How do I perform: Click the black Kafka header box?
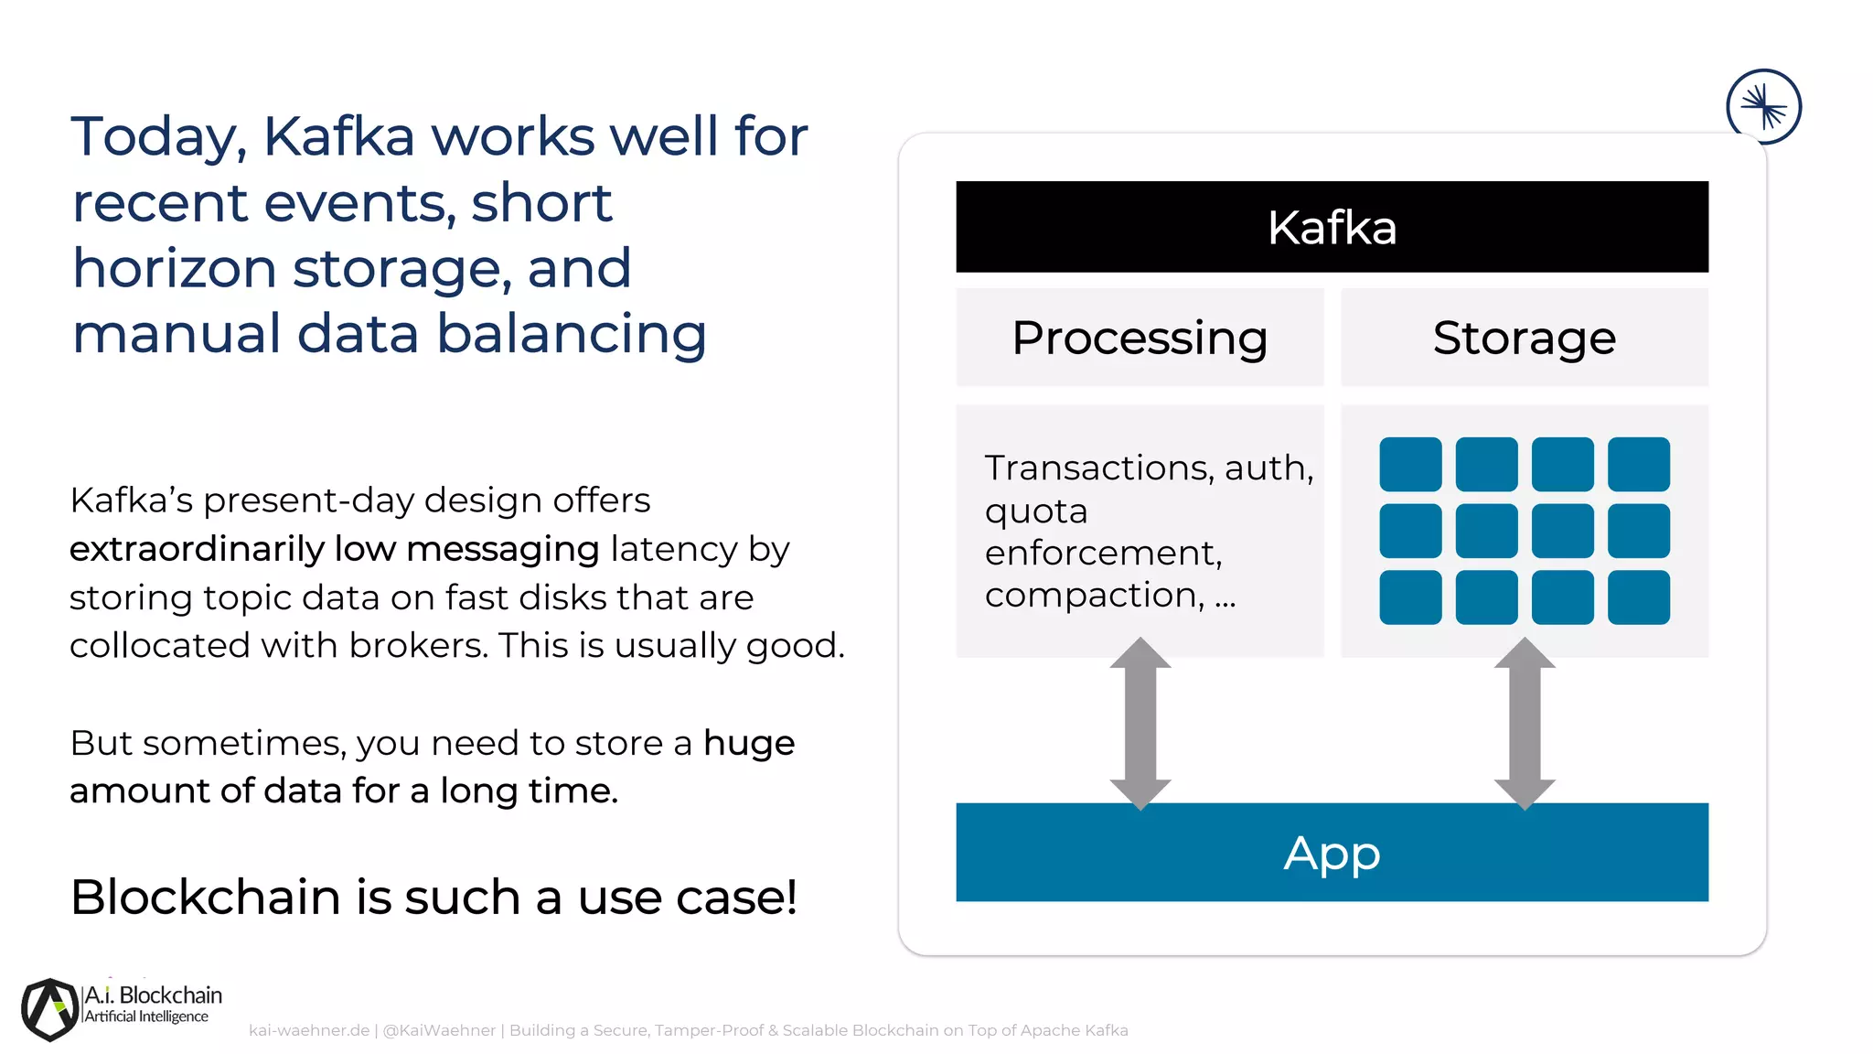click(x=1332, y=227)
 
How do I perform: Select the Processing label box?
click(x=1140, y=338)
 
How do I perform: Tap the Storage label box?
click(x=1524, y=338)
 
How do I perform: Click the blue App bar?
click(x=1332, y=852)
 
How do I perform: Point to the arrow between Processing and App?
click(x=1140, y=723)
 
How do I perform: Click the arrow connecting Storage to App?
click(x=1525, y=723)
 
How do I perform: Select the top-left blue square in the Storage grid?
click(x=1410, y=464)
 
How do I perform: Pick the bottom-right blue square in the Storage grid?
click(x=1638, y=597)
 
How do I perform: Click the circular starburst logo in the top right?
click(x=1763, y=107)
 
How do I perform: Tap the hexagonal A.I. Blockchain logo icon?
click(x=50, y=1009)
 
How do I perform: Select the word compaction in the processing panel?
click(x=1094, y=595)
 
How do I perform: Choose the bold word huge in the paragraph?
click(x=749, y=743)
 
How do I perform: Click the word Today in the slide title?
click(x=158, y=137)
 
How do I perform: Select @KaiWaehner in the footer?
click(x=439, y=1030)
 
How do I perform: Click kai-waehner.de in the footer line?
click(x=309, y=1030)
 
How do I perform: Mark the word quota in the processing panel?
click(x=1036, y=511)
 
